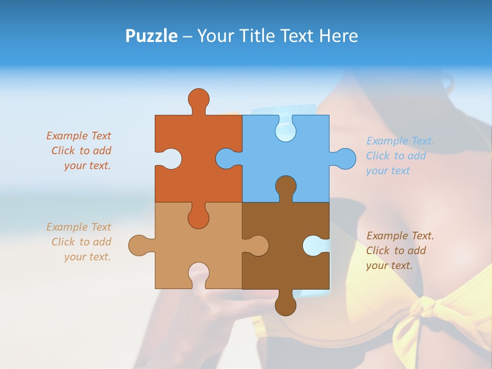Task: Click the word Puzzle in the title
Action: pyautogui.click(x=151, y=36)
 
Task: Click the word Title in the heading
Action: pyautogui.click(x=266, y=36)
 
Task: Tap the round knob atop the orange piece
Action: pyautogui.click(x=198, y=98)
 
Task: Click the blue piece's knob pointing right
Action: pyautogui.click(x=344, y=158)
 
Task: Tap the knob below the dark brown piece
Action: pyautogui.click(x=285, y=305)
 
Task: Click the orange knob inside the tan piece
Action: pyautogui.click(x=198, y=218)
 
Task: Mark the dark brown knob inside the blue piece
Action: pyautogui.click(x=285, y=186)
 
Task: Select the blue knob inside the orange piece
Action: pyautogui.click(x=226, y=158)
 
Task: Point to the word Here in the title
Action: pyautogui.click(x=338, y=36)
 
